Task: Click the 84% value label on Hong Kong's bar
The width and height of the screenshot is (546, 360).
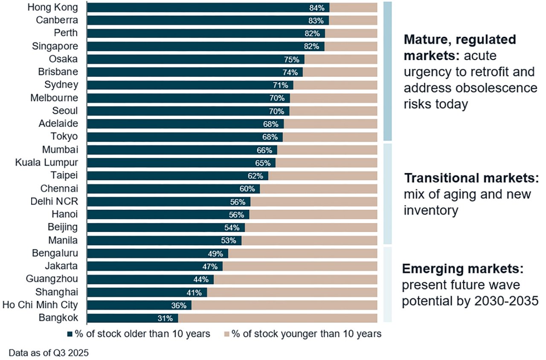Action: tap(317, 8)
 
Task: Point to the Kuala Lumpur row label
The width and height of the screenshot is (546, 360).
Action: tap(47, 163)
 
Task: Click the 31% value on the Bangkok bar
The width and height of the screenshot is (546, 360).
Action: tap(165, 318)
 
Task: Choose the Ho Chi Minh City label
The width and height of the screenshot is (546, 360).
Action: tap(40, 305)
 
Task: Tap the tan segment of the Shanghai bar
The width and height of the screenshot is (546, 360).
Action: tap(292, 292)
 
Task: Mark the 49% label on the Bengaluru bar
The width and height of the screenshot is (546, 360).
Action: tap(216, 253)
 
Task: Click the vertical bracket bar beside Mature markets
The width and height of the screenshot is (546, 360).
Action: tap(387, 71)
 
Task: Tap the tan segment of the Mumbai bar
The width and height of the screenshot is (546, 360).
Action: tap(327, 150)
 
